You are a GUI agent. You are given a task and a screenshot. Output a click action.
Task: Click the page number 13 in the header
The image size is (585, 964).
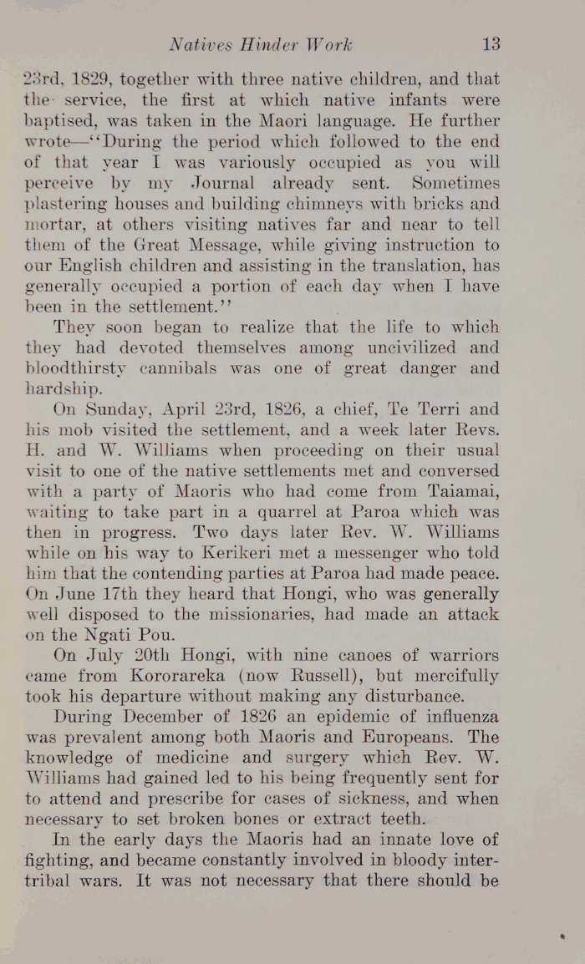(491, 43)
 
